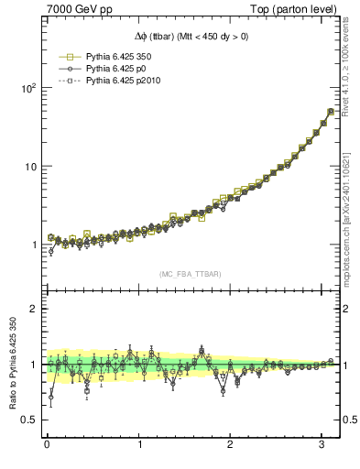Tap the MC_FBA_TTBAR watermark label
coord(191,274)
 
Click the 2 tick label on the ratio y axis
coord(32,309)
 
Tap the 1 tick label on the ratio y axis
coord(32,365)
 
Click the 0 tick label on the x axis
coord(47,444)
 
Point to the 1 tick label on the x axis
coord(139,444)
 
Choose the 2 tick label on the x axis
coord(231,444)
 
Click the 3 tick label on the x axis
coord(322,444)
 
